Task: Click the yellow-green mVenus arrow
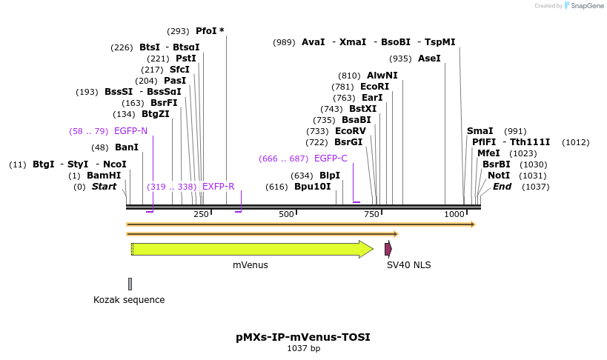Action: point(251,249)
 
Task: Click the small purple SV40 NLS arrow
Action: point(388,249)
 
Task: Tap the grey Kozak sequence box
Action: point(130,284)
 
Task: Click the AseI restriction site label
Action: point(429,59)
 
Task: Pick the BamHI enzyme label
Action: point(104,176)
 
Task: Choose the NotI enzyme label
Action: point(499,176)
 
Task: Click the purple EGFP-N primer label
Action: point(130,131)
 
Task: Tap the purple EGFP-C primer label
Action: point(331,159)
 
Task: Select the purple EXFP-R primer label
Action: point(218,187)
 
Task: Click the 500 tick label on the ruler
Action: point(286,214)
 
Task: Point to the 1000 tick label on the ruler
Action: point(454,214)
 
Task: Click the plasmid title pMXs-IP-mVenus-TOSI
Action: point(303,337)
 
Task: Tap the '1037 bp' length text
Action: point(303,348)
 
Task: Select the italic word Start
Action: point(104,187)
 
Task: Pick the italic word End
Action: point(502,187)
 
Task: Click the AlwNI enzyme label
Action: point(382,76)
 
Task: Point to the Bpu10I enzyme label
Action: point(312,187)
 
